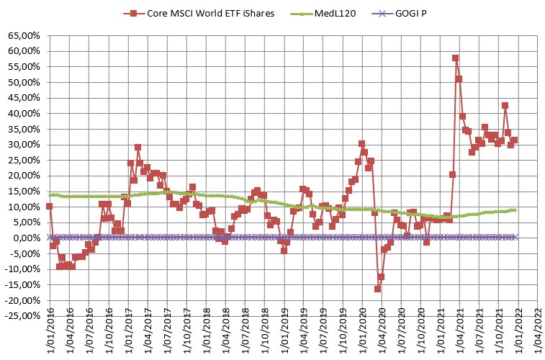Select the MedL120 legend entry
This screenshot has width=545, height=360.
coord(321,12)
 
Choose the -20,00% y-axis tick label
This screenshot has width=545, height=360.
coord(23,300)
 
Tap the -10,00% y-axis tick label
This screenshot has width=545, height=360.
coord(23,269)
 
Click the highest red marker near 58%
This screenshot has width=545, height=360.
coord(455,58)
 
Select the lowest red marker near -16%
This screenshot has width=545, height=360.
coord(377,289)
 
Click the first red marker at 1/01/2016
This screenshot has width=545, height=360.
coord(49,206)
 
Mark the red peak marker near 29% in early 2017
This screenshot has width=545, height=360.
coord(138,147)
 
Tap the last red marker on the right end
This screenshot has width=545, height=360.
coord(514,140)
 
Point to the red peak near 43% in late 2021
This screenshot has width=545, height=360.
coord(505,105)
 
